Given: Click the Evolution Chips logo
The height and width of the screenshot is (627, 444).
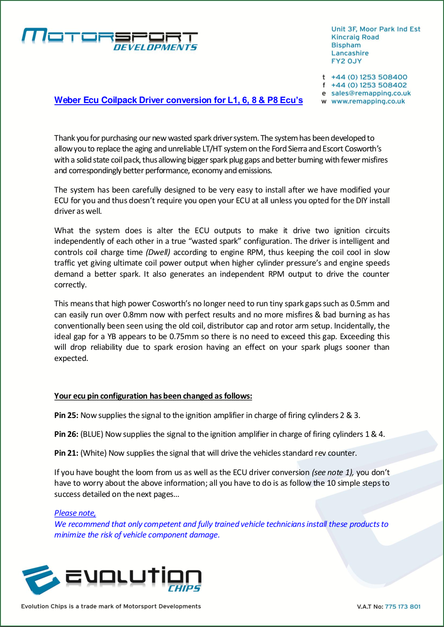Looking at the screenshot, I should coord(111,580).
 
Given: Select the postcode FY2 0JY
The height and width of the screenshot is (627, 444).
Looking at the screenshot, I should coord(346,61).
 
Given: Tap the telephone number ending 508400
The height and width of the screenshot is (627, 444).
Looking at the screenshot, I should coord(369,77).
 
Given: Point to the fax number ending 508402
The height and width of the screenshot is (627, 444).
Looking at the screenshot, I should coord(369,85).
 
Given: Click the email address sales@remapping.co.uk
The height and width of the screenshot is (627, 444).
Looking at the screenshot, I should coord(371,93).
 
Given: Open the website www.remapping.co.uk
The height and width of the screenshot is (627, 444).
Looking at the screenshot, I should coord(368,101).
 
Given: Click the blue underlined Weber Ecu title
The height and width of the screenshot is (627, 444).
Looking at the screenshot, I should coord(178,101).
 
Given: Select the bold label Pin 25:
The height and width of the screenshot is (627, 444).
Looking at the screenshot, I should coord(66,415).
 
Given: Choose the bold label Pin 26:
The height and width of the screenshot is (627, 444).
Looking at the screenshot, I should coord(66,434).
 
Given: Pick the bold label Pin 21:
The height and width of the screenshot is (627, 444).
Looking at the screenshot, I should coord(66,453).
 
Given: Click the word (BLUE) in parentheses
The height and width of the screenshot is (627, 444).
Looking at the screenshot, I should coord(92,434).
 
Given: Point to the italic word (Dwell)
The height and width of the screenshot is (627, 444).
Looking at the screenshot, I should coord(158,252).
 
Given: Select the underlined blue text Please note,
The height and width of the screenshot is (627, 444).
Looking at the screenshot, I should coord(75,513).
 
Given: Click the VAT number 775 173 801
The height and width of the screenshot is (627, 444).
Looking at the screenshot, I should coord(402,607).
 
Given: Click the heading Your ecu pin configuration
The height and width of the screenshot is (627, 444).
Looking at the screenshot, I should coord(153,396).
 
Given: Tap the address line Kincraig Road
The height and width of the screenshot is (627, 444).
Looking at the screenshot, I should coord(355,37).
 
